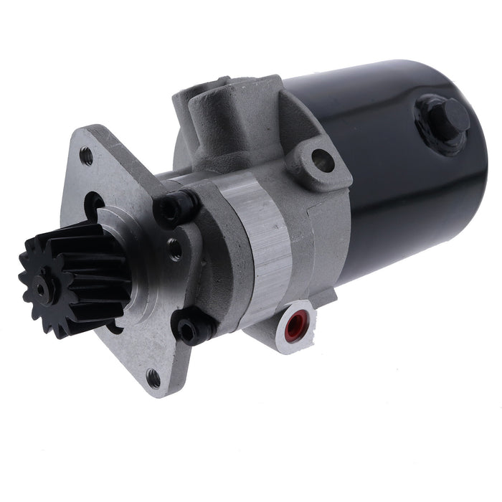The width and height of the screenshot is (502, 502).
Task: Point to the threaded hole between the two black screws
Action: pyautogui.click(x=174, y=249)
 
